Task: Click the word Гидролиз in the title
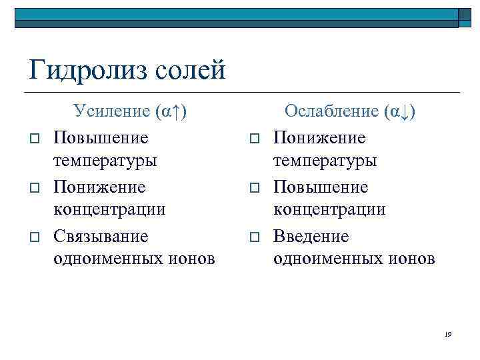coord(86,70)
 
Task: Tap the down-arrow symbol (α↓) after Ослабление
coord(400,111)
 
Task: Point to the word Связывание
coord(101,237)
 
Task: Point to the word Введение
coord(311,237)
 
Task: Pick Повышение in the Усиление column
coord(101,138)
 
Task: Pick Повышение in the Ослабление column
coord(320,187)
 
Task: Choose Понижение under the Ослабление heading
coord(319,138)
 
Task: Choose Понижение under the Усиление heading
coord(99,187)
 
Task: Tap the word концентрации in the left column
coord(109,209)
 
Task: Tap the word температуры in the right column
coord(325,161)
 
